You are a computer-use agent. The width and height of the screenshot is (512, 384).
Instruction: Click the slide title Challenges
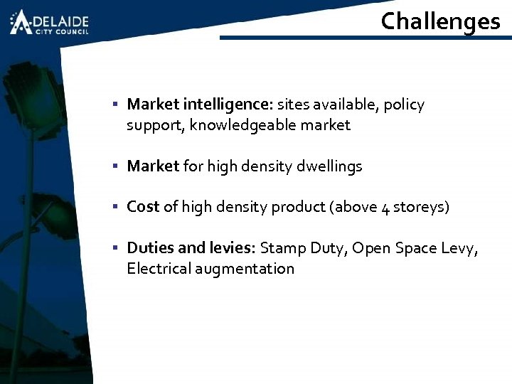pos(440,21)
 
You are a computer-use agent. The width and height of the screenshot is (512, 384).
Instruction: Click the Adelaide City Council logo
pos(49,22)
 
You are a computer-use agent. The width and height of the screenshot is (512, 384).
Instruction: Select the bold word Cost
pos(143,207)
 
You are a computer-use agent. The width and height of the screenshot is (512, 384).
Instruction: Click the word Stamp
pos(283,248)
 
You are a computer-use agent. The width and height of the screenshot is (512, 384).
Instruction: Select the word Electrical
pos(155,269)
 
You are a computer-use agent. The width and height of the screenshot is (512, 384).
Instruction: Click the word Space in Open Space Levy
pos(412,248)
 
